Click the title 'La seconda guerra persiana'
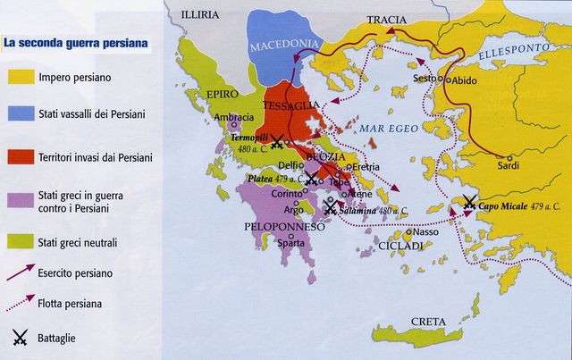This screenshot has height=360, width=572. pos(75,42)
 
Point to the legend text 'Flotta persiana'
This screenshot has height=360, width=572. pos(76,304)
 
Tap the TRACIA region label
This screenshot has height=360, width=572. pos(385,20)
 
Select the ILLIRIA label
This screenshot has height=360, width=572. pos(198,15)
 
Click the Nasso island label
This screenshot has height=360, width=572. pos(426,232)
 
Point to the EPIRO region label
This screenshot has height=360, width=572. pos(223,93)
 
